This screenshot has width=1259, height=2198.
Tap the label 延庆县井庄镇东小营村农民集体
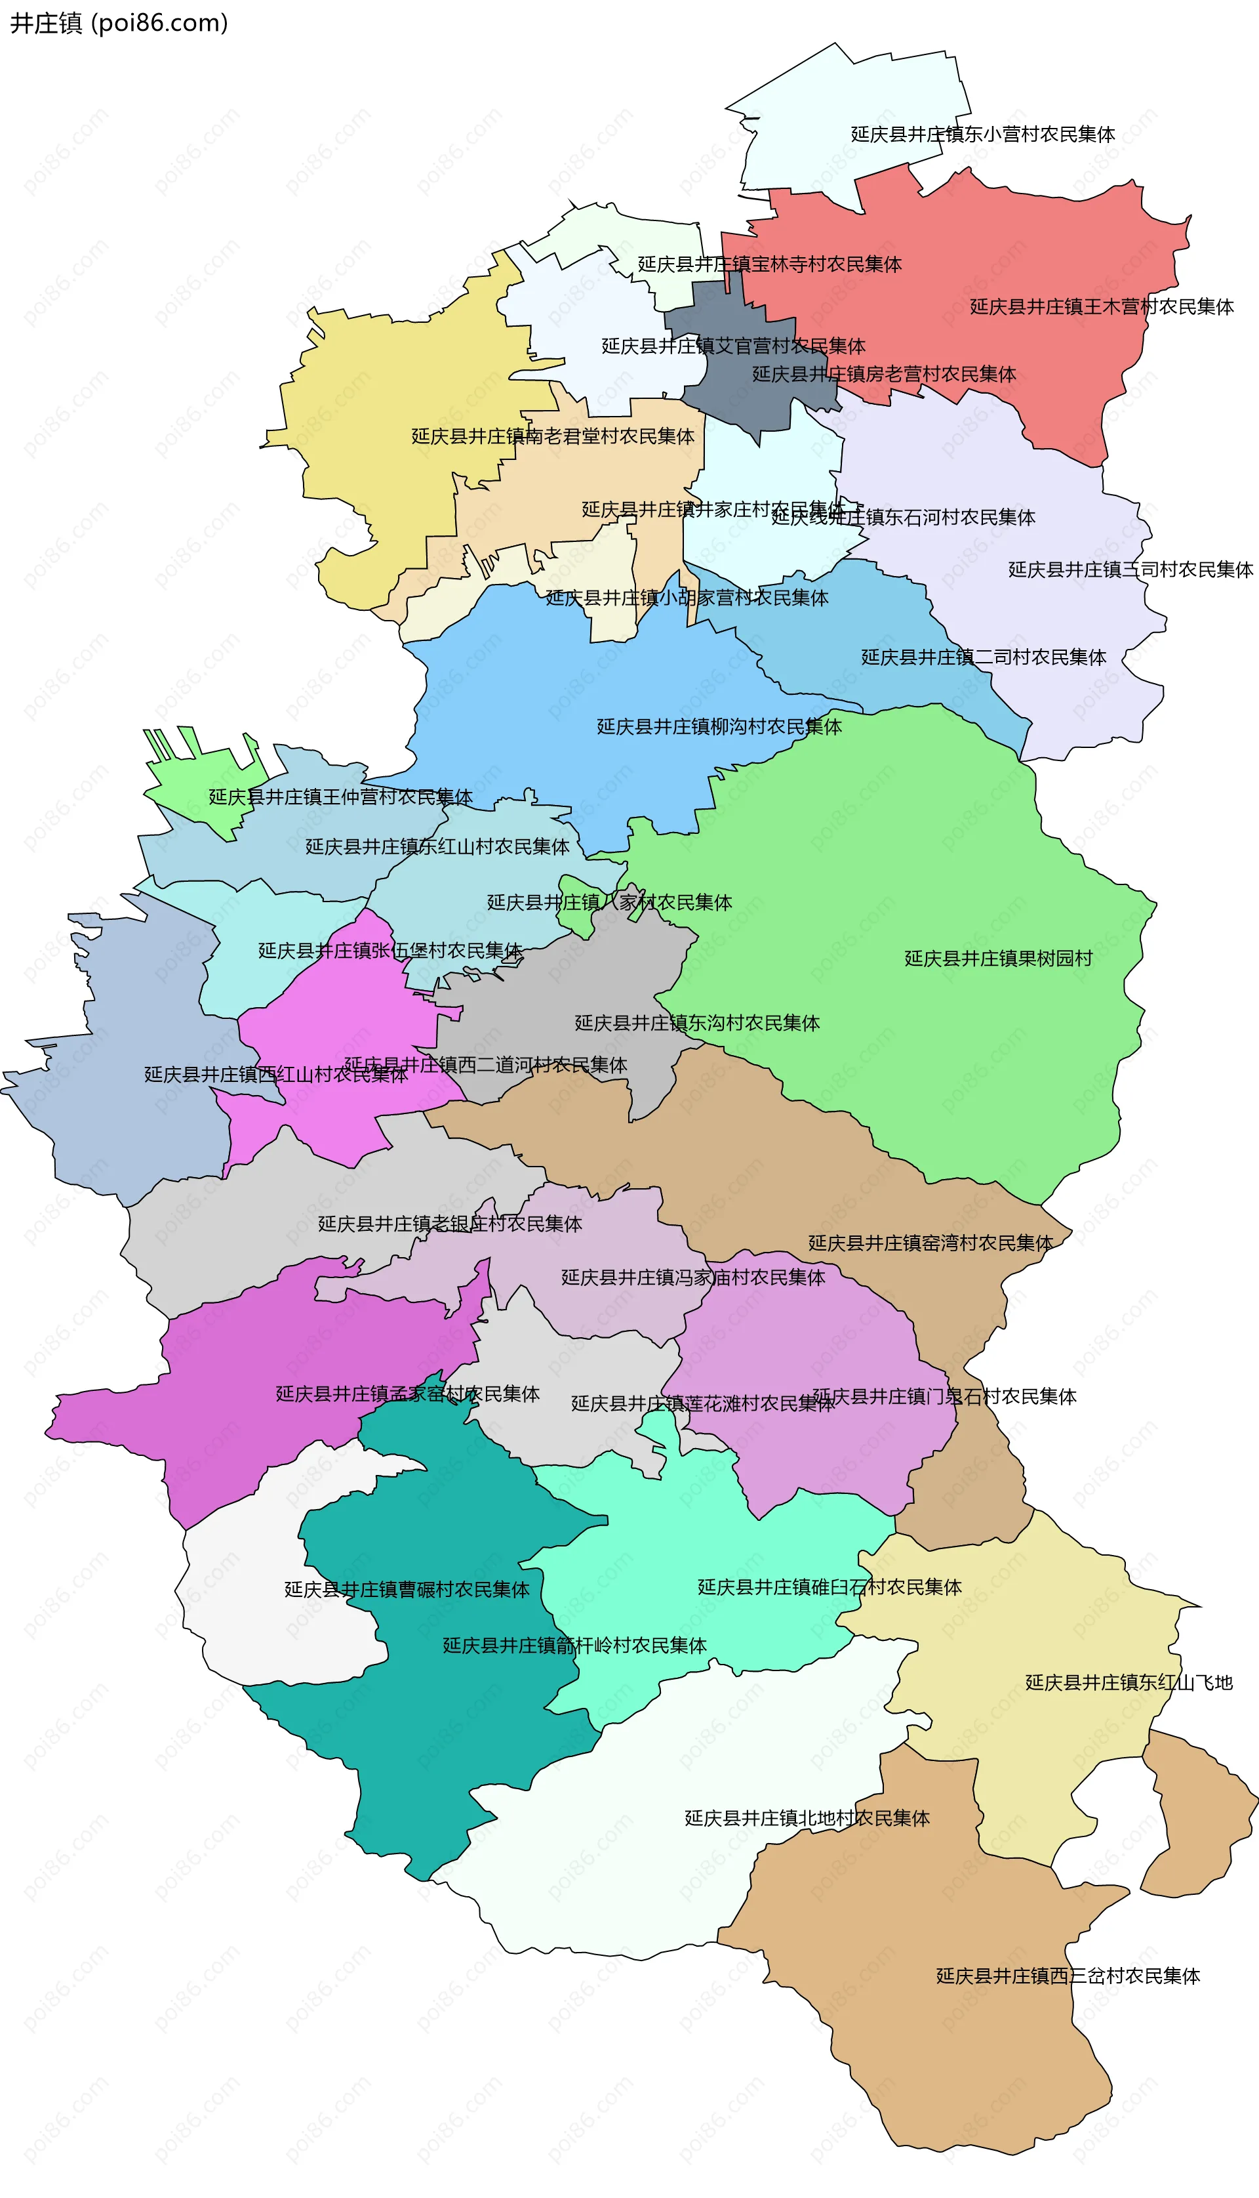pyautogui.click(x=982, y=134)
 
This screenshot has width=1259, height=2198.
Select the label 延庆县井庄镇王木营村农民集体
pyautogui.click(x=1101, y=306)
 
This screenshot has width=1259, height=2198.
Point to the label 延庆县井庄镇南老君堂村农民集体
pyautogui.click(x=553, y=436)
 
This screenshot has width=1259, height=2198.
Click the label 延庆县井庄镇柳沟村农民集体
pyautogui.click(x=719, y=726)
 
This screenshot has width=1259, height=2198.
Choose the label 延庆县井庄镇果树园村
pyautogui.click(x=998, y=959)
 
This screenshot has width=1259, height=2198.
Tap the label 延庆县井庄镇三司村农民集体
pyautogui.click(x=1130, y=569)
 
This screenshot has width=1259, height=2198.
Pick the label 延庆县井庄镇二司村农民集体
pyautogui.click(x=983, y=657)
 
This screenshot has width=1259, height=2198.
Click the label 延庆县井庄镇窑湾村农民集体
pyautogui.click(x=930, y=1243)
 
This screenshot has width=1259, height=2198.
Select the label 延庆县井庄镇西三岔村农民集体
pyautogui.click(x=1068, y=1976)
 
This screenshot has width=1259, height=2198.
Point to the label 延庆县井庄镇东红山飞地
pyautogui.click(x=1129, y=1682)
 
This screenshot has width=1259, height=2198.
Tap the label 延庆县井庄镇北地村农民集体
pyautogui.click(x=807, y=1818)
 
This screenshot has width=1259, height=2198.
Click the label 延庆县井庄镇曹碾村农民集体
pyautogui.click(x=407, y=1590)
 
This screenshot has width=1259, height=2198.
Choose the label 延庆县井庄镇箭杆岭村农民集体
pyautogui.click(x=574, y=1646)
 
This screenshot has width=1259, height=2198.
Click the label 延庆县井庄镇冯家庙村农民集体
pyautogui.click(x=692, y=1277)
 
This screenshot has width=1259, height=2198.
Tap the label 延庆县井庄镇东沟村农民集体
pyautogui.click(x=697, y=1024)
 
